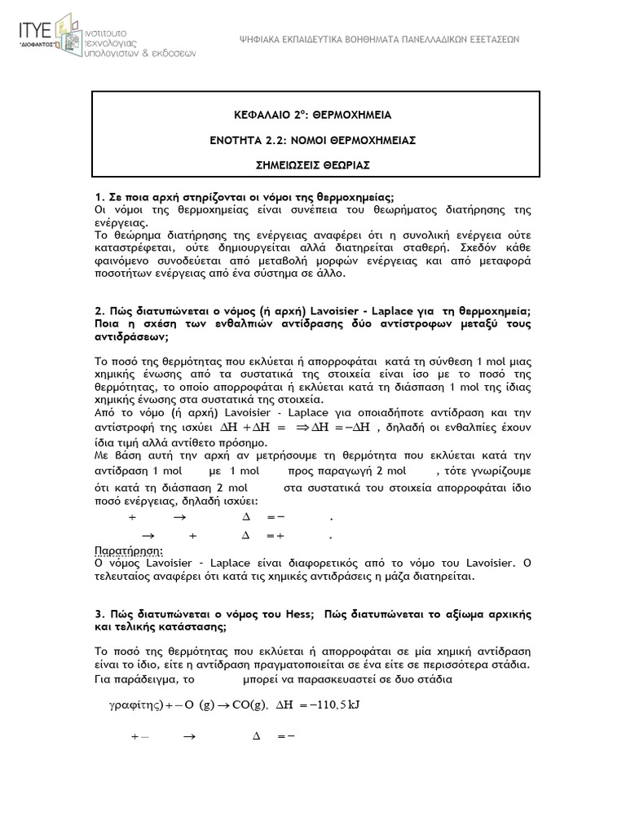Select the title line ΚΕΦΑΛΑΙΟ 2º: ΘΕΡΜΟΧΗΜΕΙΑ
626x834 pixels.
tap(313, 116)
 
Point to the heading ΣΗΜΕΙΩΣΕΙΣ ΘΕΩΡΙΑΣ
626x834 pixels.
tap(313, 165)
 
